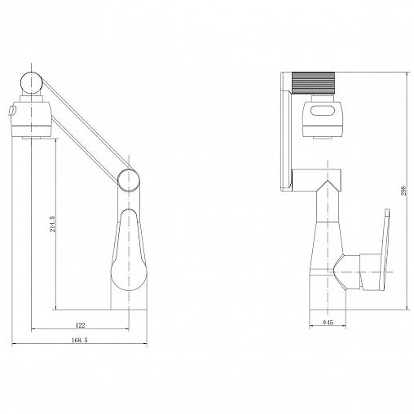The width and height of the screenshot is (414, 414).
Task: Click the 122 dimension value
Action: coord(80,325)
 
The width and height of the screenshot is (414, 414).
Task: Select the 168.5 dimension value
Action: coord(80,340)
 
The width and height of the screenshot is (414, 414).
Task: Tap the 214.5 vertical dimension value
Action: coord(52,224)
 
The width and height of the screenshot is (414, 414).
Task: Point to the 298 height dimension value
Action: coord(403,191)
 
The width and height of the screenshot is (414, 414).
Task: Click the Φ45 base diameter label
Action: coord(328,323)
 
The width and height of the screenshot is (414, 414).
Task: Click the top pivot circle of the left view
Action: coord(32,83)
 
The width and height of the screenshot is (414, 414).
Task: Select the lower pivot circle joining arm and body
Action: coord(129,180)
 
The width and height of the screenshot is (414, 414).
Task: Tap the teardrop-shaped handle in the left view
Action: coord(129,249)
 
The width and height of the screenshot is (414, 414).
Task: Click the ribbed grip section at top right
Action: coord(313,83)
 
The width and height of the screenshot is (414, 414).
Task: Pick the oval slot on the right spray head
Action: coord(323,111)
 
